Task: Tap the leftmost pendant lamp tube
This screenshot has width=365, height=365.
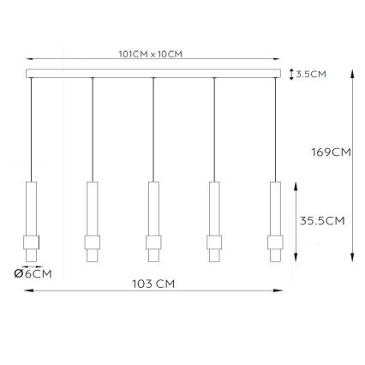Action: (x=31, y=206)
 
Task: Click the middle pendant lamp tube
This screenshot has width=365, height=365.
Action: (x=153, y=206)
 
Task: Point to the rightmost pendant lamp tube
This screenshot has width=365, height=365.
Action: (x=275, y=206)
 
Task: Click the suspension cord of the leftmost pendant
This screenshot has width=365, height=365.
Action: (x=31, y=129)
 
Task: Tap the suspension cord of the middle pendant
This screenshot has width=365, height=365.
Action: (x=153, y=129)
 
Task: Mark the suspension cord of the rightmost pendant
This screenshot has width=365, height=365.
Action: (x=275, y=129)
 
